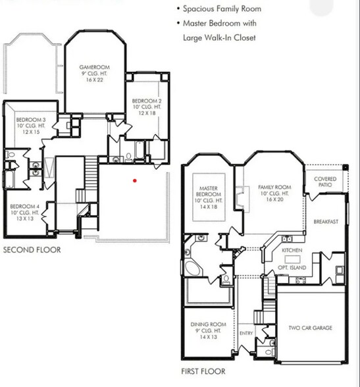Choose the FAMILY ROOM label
click(274, 187)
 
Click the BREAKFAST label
click(325, 222)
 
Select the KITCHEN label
click(292, 251)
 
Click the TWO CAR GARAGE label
click(309, 327)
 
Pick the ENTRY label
click(246, 333)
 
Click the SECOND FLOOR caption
click(32, 250)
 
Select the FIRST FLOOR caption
click(203, 372)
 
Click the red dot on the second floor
click(134, 180)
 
